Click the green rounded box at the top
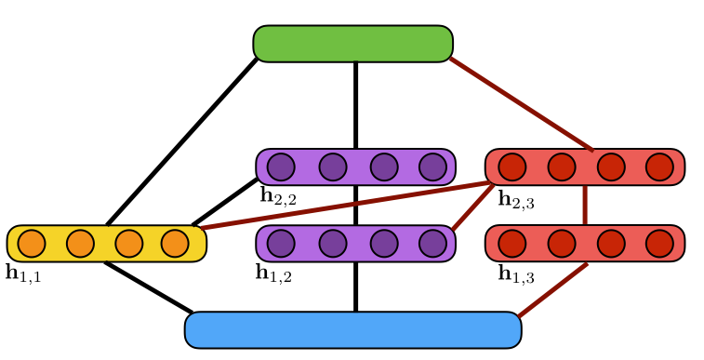(352, 44)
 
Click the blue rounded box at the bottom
(352, 330)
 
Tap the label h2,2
(278, 195)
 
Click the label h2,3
(515, 199)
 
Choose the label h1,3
(516, 273)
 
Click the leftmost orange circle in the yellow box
(32, 243)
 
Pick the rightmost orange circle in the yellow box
(175, 243)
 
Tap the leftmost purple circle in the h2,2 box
(281, 167)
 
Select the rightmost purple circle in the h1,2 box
(432, 243)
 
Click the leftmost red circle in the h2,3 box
(511, 167)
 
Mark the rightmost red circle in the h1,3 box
(659, 243)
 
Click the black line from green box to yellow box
(181, 141)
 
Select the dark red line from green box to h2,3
(521, 103)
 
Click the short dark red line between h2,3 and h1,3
(585, 205)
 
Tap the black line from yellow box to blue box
(149, 287)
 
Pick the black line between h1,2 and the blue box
(355, 287)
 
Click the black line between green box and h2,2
(355, 104)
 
